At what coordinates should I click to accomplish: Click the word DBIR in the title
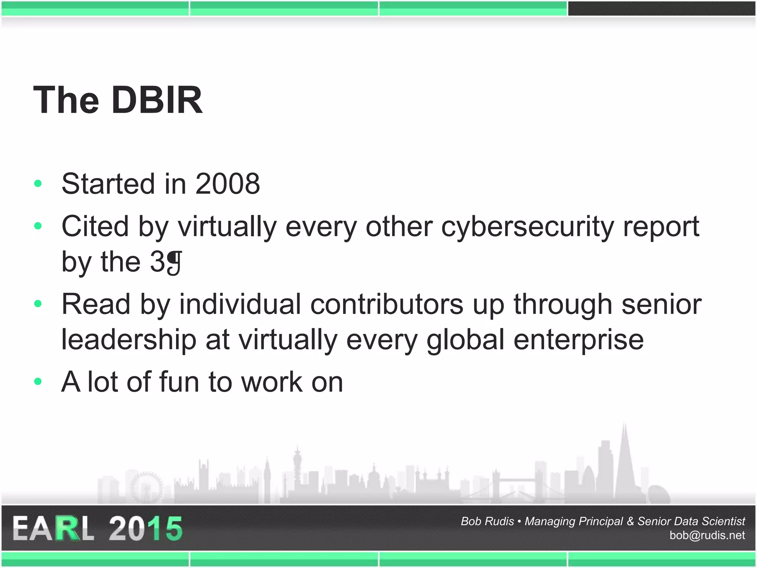pyautogui.click(x=157, y=100)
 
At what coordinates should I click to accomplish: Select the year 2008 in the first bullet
pyautogui.click(x=227, y=184)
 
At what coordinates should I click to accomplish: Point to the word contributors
pyautogui.click(x=387, y=304)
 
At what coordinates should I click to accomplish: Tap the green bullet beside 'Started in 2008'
pyautogui.click(x=38, y=183)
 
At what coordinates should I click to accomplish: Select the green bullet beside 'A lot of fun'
pyautogui.click(x=38, y=381)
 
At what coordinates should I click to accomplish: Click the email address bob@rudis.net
pyautogui.click(x=707, y=535)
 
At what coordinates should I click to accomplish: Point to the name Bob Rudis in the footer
pyautogui.click(x=487, y=521)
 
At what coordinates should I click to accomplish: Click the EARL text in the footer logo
pyautogui.click(x=53, y=529)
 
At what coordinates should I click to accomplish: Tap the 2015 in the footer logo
pyautogui.click(x=146, y=529)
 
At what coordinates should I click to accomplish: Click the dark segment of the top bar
pyautogui.click(x=661, y=9)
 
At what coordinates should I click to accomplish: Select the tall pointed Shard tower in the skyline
pyautogui.click(x=624, y=462)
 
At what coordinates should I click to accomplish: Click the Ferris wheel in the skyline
pyautogui.click(x=147, y=487)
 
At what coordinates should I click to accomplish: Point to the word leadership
pyautogui.click(x=129, y=339)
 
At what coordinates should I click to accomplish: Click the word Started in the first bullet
pyautogui.click(x=108, y=184)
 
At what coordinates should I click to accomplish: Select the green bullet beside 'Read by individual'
pyautogui.click(x=38, y=304)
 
